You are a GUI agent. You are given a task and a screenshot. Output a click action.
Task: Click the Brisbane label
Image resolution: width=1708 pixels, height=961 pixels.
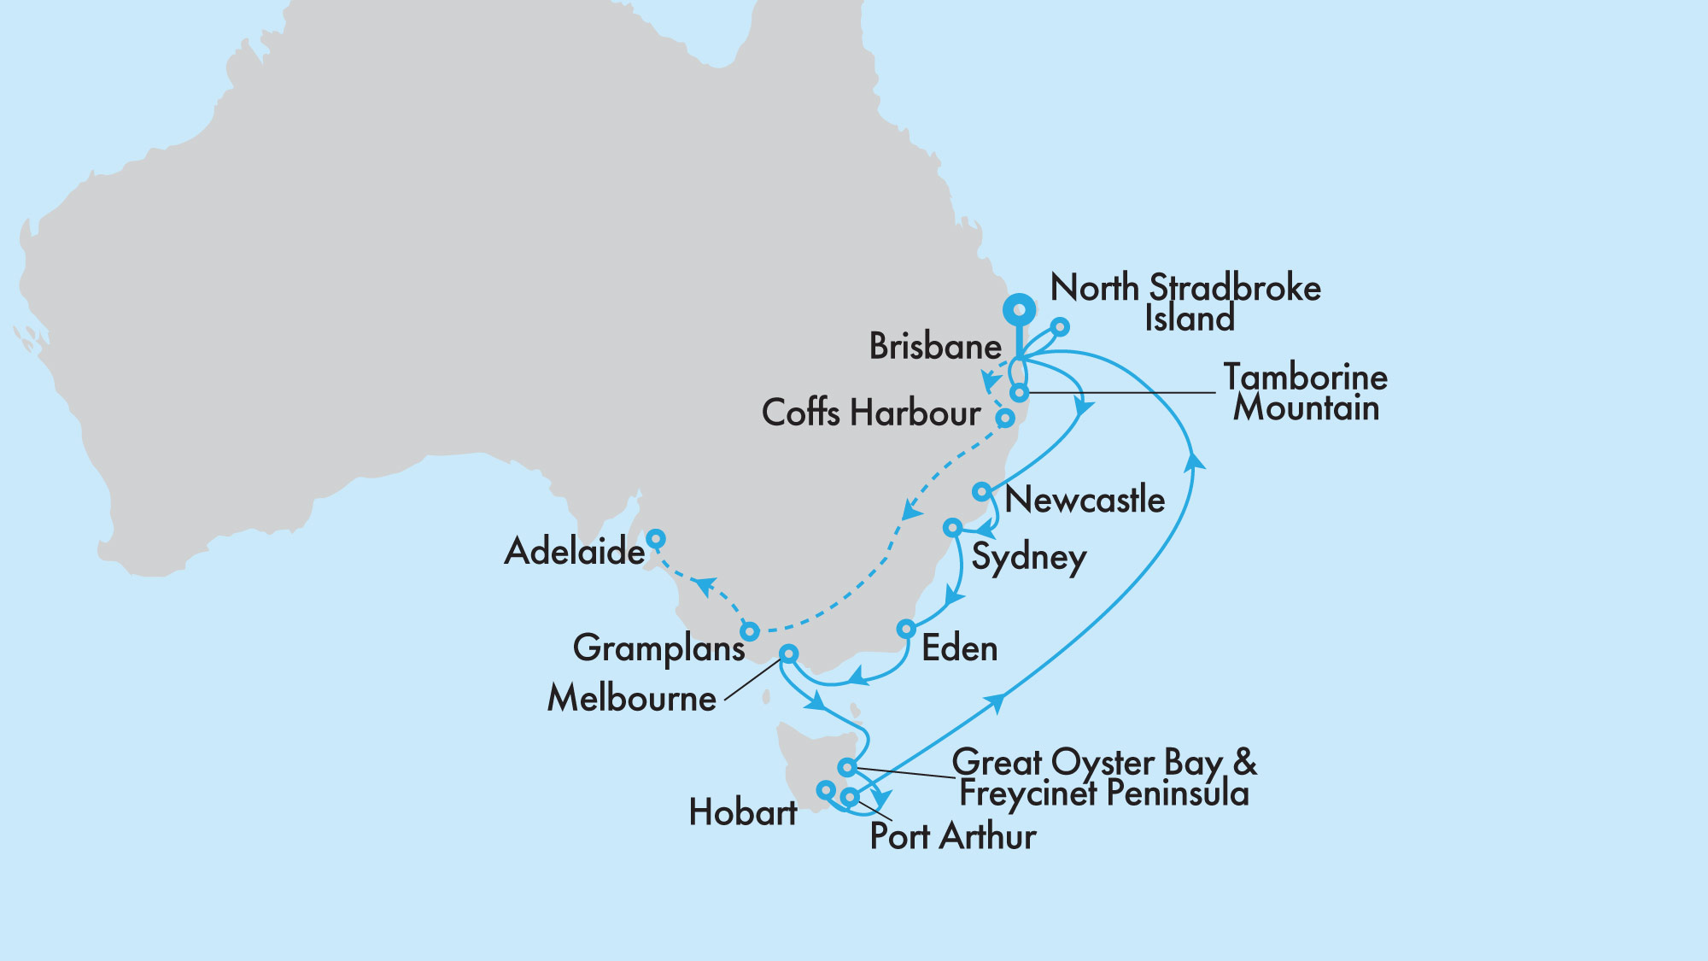point(935,347)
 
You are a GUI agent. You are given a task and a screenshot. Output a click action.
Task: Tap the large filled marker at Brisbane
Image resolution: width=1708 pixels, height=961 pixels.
point(1020,310)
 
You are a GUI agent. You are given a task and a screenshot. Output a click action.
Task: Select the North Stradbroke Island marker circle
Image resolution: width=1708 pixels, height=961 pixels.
point(1059,326)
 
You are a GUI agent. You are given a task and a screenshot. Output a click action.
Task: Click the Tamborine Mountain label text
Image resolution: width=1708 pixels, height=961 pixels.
point(1305,393)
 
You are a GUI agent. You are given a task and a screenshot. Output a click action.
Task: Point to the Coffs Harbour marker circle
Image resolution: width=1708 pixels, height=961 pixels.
point(1006,419)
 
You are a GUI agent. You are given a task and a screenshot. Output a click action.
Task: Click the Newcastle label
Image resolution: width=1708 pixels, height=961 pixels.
point(1085,500)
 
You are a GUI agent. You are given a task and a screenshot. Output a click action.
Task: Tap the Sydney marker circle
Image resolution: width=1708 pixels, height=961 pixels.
point(952,528)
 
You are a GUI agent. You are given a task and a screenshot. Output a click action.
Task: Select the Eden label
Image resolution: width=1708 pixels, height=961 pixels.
point(960,649)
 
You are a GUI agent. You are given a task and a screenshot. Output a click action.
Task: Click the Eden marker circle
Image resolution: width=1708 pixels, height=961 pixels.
point(906,630)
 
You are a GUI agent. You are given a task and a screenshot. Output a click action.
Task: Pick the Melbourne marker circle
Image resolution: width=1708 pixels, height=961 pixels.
point(789,654)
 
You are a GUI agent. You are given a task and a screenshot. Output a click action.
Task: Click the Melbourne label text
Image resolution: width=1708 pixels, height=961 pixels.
point(632,699)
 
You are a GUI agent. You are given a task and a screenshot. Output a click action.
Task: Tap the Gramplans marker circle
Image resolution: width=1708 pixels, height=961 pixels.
point(749,632)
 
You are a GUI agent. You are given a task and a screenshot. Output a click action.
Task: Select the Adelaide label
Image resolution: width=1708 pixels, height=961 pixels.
point(575,552)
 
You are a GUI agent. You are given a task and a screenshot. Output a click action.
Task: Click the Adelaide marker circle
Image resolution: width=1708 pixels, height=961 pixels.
point(655,539)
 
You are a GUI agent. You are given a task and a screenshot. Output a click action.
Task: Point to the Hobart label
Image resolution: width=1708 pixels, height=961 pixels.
point(743,812)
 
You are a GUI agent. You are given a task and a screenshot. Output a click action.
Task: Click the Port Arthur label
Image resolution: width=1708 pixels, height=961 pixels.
point(952,836)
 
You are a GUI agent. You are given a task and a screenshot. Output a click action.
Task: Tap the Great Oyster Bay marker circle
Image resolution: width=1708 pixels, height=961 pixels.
point(846,767)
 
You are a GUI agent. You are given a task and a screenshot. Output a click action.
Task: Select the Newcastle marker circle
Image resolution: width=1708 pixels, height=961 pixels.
point(982,492)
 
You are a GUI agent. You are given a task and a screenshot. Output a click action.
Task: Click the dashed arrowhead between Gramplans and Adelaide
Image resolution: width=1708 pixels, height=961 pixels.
point(704,586)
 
